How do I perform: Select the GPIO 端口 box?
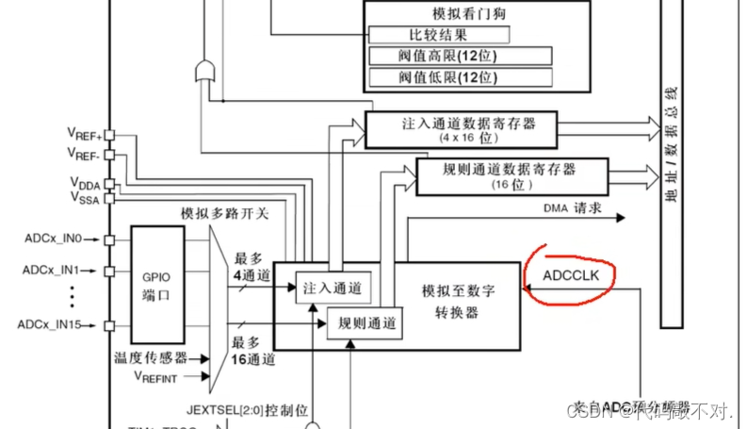click(156, 284)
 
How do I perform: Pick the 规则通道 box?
click(363, 323)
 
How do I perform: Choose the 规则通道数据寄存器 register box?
click(509, 175)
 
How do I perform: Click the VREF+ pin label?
click(85, 134)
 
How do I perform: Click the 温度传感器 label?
click(150, 358)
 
